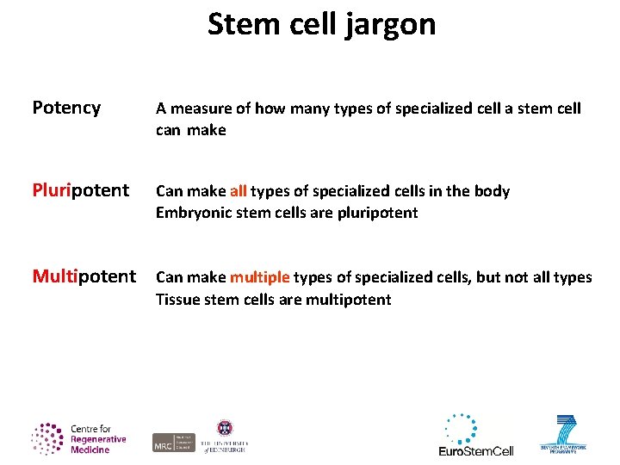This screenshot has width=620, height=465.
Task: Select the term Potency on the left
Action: (66, 108)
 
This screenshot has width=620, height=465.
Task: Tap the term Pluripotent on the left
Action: (80, 190)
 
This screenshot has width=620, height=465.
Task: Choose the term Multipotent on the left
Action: (84, 276)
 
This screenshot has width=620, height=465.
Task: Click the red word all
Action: (239, 191)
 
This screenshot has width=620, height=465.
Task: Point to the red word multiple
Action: (260, 277)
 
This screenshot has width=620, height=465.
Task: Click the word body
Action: (491, 191)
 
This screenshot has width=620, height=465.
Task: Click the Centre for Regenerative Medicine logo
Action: (79, 438)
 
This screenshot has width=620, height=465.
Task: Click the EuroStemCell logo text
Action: (475, 450)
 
